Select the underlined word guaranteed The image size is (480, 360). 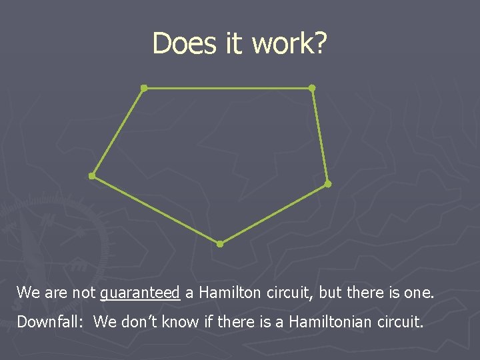coord(140,293)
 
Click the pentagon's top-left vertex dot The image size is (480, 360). coord(143,87)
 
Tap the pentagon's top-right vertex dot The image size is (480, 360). coord(311,87)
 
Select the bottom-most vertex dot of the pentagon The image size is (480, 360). coord(220,244)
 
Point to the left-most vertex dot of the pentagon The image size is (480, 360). coord(91,176)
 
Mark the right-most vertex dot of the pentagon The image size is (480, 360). coord(327,183)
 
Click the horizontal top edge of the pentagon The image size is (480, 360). coord(227,87)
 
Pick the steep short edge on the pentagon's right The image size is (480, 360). coord(319,135)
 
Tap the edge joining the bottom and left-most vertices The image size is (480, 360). coord(155,210)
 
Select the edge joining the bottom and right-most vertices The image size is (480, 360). coord(273,213)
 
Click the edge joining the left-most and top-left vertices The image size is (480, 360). coord(117,132)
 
